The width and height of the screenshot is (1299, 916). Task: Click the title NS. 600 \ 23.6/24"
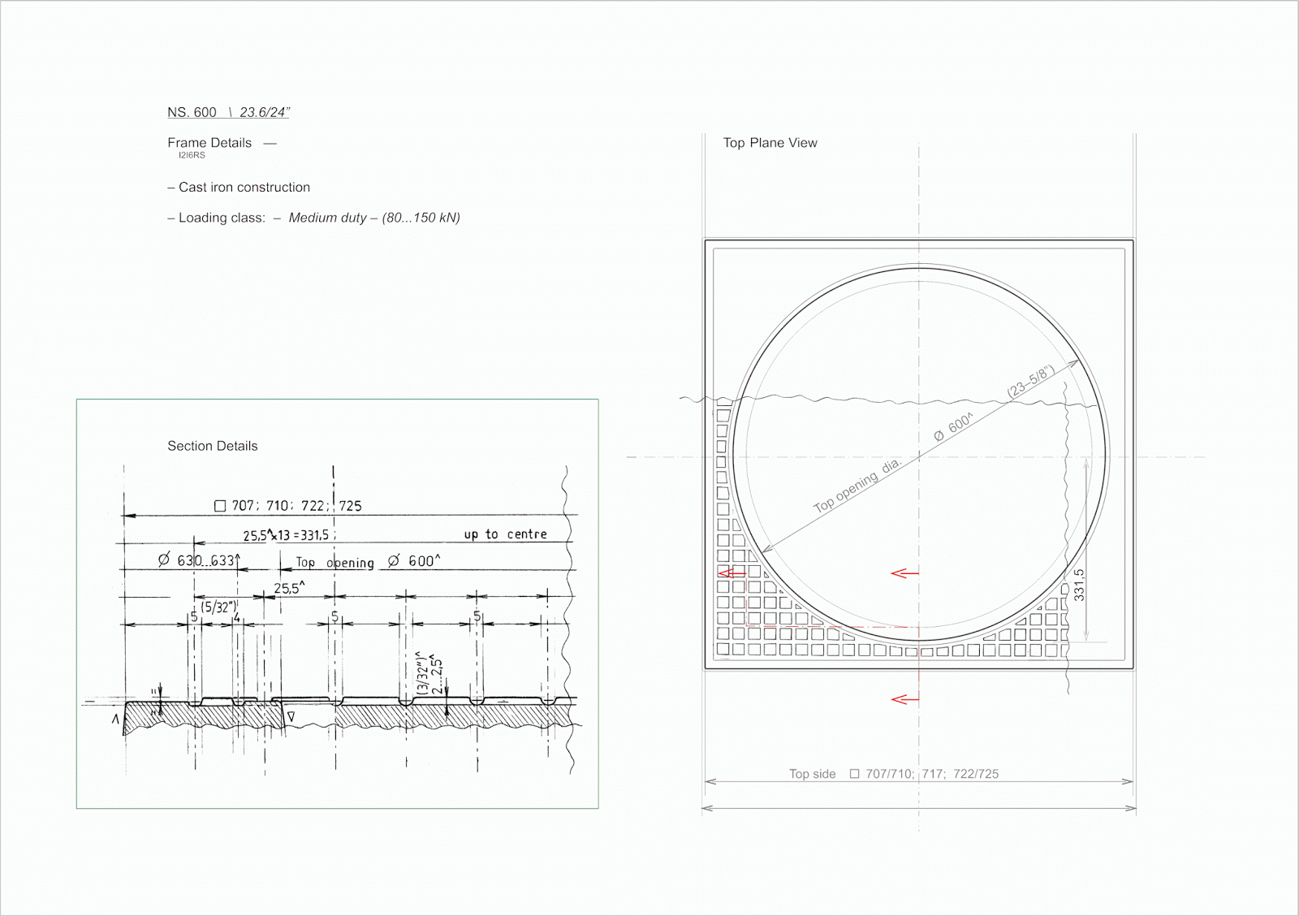click(x=228, y=112)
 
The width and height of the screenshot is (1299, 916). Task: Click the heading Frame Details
click(x=209, y=143)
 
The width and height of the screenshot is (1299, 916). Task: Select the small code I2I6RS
click(x=192, y=155)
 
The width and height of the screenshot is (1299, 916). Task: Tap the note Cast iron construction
click(x=244, y=188)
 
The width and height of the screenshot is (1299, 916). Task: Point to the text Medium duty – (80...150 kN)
click(x=374, y=218)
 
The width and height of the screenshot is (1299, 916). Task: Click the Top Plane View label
click(x=770, y=143)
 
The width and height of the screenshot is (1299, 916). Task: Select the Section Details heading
click(x=212, y=446)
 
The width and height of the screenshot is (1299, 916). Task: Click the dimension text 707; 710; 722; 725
click(x=296, y=506)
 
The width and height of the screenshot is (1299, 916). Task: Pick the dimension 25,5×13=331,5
click(x=286, y=535)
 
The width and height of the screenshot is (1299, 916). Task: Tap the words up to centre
click(x=505, y=534)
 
